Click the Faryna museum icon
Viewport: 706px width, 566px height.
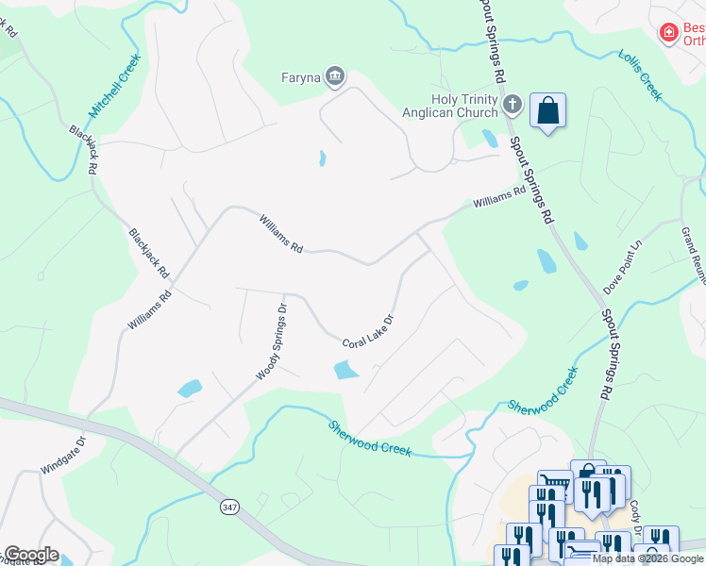pos(335,76)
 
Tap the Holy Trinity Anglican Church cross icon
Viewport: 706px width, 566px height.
pos(513,104)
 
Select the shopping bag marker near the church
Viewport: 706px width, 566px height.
pos(547,111)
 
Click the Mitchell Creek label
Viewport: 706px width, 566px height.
pos(116,86)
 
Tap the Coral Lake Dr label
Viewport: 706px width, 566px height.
pos(367,331)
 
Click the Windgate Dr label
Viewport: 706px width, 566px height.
pos(63,456)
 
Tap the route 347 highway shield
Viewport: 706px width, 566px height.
pos(228,507)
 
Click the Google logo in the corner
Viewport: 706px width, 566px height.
pos(30,555)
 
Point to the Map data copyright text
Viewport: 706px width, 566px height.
pos(647,558)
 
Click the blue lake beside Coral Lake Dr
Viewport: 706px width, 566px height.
pos(346,370)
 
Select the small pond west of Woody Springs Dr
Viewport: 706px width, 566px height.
pos(190,388)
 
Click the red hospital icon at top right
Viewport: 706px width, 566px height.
pos(669,33)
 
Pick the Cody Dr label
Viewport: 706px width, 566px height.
pos(636,513)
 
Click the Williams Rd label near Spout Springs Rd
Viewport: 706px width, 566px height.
pos(499,197)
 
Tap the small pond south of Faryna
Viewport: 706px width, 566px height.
pos(322,158)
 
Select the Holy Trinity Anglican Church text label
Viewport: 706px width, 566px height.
pos(463,106)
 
